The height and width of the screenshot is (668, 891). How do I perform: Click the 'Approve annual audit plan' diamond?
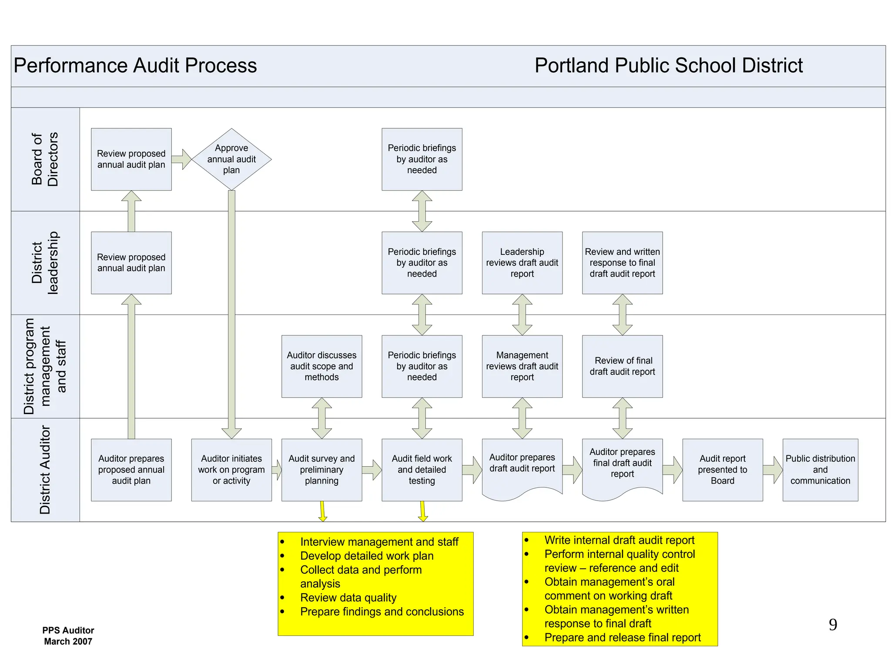point(231,159)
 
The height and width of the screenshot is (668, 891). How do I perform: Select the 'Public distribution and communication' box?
point(820,470)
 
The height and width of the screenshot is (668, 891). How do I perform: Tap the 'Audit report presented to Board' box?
point(722,470)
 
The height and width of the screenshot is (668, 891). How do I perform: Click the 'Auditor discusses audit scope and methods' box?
point(322,366)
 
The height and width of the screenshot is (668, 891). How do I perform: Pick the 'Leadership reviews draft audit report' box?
point(522,263)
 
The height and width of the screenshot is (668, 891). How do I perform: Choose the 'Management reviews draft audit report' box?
point(522,366)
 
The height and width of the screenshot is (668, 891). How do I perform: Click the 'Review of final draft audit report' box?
point(622,366)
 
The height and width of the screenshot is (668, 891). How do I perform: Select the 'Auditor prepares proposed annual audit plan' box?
point(131,470)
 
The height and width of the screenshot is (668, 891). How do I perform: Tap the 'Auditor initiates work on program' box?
point(231,470)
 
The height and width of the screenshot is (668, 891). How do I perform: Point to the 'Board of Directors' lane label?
point(45,159)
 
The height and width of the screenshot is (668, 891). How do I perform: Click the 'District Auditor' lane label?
point(45,470)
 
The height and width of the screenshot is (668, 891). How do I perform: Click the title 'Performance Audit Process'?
point(135,66)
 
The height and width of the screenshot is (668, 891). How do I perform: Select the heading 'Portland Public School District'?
point(668,66)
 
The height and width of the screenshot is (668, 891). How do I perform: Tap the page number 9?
point(833,625)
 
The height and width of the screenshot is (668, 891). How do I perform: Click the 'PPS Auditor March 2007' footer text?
point(68,635)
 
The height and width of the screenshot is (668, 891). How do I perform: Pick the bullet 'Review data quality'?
point(348,598)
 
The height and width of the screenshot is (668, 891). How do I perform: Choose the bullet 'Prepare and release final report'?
point(622,638)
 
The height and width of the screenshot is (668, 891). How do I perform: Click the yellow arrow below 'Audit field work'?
point(422,512)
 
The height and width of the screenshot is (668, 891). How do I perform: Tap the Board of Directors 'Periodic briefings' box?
point(422,159)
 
